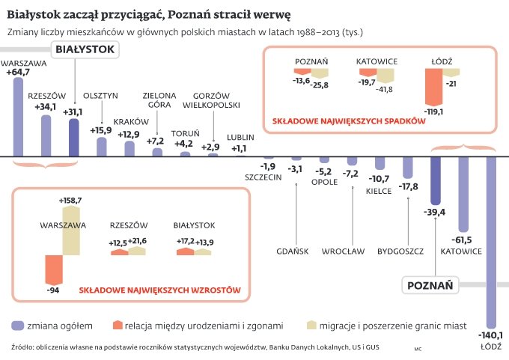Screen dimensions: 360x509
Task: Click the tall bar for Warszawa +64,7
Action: tap(18, 117)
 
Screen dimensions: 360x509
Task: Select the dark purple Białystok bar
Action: tap(73, 137)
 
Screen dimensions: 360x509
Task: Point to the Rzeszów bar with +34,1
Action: tap(46, 135)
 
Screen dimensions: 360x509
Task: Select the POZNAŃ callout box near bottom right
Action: tap(430, 285)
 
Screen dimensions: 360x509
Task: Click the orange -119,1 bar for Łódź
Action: tap(433, 87)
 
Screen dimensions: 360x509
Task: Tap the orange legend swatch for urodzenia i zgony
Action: tap(115, 326)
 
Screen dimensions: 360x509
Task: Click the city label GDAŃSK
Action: tap(292, 251)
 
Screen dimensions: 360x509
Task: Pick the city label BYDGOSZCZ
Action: tap(401, 251)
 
